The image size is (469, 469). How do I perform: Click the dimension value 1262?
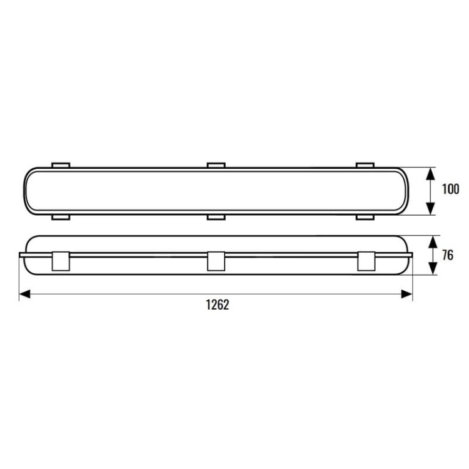pyautogui.click(x=217, y=305)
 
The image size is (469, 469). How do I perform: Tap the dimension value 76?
pyautogui.click(x=448, y=255)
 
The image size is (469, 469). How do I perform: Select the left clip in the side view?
pyautogui.click(x=61, y=261)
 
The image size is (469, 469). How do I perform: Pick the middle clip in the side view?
pyautogui.click(x=215, y=261)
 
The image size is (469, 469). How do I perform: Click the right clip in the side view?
pyautogui.click(x=366, y=261)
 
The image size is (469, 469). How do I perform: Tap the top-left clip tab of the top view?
pyautogui.click(x=61, y=165)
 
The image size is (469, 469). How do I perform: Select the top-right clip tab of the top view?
pyautogui.click(x=365, y=165)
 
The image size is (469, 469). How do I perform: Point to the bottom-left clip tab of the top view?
pyautogui.click(x=61, y=216)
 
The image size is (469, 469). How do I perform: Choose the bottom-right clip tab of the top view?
pyautogui.click(x=365, y=216)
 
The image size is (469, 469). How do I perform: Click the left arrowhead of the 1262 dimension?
pyautogui.click(x=24, y=293)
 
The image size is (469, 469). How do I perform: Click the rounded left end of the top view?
pyautogui.click(x=26, y=191)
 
